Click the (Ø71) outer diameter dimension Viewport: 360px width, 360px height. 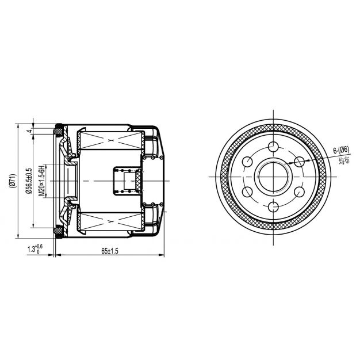13,181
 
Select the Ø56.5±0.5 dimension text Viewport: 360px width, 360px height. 29,181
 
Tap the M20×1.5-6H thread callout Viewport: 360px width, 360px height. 41,181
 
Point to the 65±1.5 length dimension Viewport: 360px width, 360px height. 110,251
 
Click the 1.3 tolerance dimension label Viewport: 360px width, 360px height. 35,248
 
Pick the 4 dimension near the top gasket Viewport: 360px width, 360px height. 29,131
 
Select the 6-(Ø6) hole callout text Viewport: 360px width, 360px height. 341,150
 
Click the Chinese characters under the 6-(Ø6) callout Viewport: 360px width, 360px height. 344,160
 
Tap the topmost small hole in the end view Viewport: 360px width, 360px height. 273,147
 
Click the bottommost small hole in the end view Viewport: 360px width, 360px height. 273,206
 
